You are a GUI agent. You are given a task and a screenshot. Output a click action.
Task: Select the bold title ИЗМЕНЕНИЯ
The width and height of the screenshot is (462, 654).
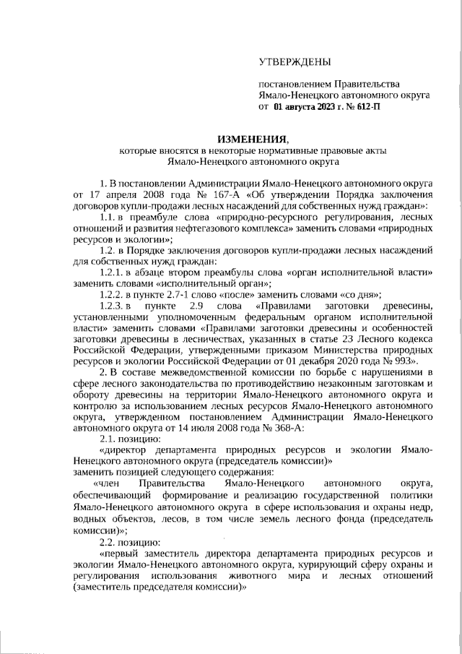[252, 139]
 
